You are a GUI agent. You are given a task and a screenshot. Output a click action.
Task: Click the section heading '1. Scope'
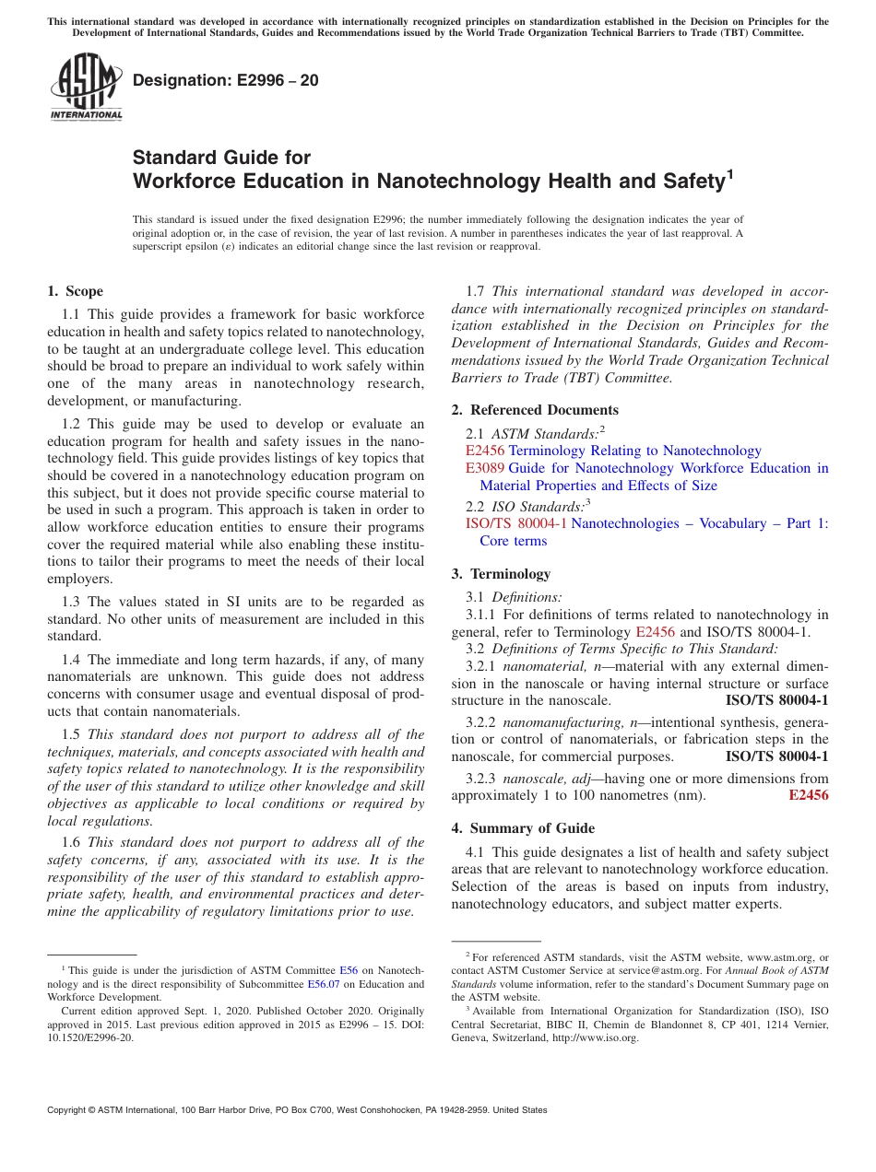[x=75, y=291]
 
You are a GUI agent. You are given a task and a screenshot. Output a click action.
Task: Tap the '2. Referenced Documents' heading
[x=535, y=410]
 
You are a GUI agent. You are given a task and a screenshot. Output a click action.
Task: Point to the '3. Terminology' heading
[x=501, y=574]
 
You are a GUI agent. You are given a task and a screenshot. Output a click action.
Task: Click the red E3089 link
[x=485, y=468]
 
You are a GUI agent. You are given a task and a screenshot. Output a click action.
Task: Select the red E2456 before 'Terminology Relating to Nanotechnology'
[x=485, y=451]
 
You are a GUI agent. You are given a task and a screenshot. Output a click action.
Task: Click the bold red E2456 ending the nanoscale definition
[x=809, y=795]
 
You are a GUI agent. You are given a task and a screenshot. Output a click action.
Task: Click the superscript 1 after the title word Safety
[x=729, y=173]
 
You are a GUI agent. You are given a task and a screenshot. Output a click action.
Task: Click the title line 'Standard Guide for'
[x=222, y=158]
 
